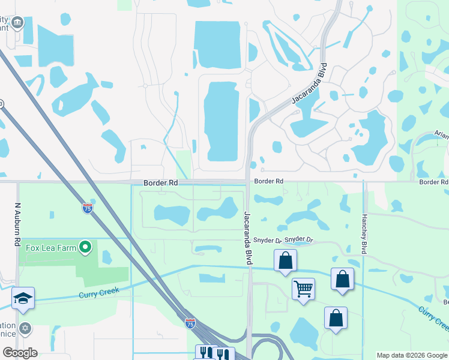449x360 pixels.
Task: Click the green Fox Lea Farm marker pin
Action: (85, 247)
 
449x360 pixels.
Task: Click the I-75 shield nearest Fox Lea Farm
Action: (88, 209)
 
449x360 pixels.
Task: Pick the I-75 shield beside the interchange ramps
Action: (190, 324)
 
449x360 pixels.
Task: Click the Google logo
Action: (20, 353)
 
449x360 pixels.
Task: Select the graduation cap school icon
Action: (23, 298)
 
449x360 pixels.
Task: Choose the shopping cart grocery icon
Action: (303, 289)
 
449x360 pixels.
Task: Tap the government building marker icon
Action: (17, 23)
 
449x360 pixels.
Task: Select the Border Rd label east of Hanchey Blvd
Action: (433, 182)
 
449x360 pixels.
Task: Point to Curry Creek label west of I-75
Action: (99, 293)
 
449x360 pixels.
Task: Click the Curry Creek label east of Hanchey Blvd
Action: (433, 318)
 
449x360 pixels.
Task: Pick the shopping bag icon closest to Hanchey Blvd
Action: (342, 280)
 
